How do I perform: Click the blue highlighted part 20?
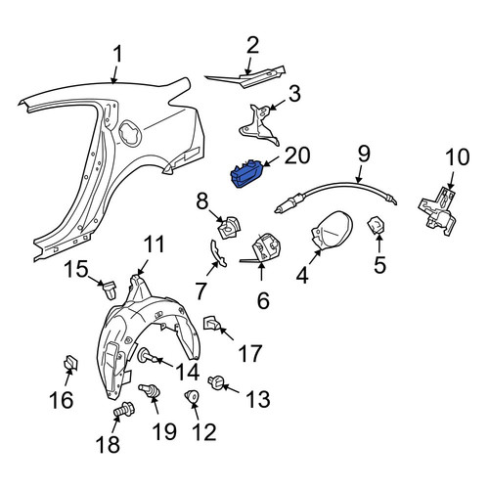[x=246, y=174]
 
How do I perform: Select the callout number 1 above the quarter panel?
[x=117, y=54]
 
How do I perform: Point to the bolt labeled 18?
[x=124, y=409]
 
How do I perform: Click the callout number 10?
[x=458, y=157]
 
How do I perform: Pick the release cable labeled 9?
[x=335, y=194]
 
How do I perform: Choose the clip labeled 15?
[x=109, y=289]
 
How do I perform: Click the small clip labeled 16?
[x=70, y=363]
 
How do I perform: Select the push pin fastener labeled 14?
[x=149, y=356]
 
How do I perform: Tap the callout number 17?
[x=250, y=353]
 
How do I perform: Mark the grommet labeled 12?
[x=192, y=397]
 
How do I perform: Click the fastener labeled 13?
[x=217, y=383]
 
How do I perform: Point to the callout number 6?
[x=263, y=300]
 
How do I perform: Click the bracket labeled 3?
[x=259, y=125]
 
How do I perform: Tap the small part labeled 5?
[x=376, y=226]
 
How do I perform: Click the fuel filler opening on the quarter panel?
[x=130, y=133]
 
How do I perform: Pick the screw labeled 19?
[x=150, y=391]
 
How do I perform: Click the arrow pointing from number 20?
[x=271, y=161]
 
